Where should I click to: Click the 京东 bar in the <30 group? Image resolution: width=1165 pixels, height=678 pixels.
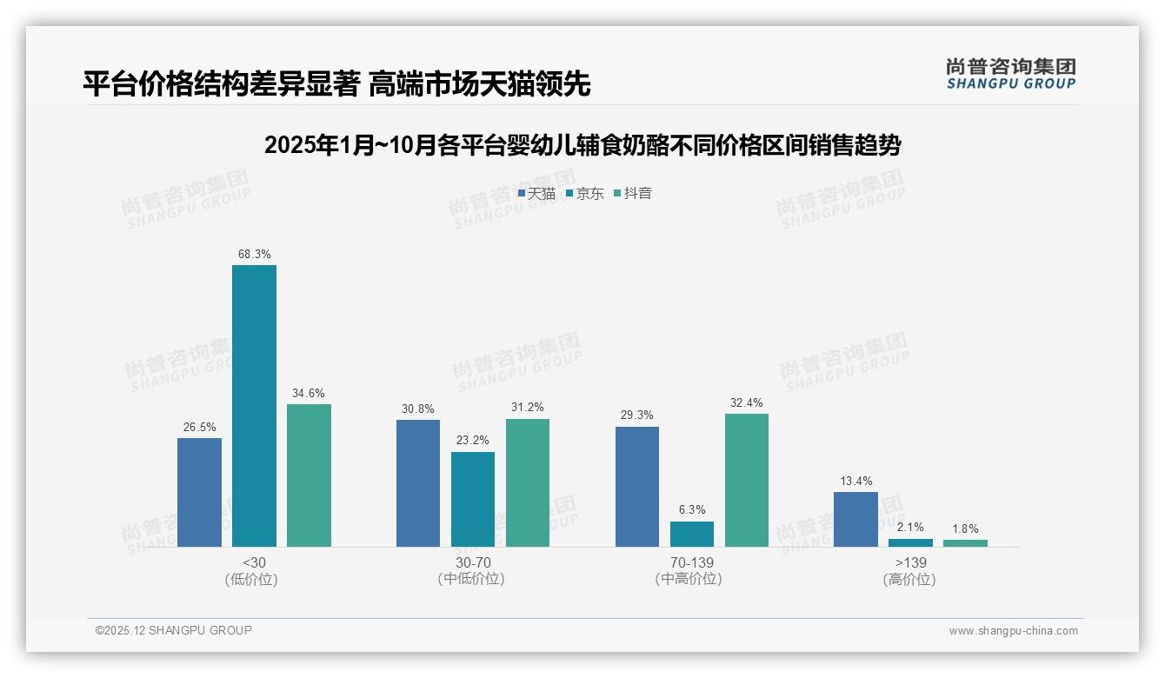254,406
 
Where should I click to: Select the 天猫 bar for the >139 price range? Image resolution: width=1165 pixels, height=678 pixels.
855,520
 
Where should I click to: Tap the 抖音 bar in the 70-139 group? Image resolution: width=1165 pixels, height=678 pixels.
747,480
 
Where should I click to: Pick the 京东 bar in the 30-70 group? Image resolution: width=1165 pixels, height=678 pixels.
473,499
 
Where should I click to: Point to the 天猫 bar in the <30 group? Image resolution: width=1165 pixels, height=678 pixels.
199,492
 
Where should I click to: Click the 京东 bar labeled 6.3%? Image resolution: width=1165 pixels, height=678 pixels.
692,534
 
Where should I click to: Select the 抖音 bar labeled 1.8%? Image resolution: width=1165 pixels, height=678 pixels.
965,542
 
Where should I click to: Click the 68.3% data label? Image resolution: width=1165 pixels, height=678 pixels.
254,254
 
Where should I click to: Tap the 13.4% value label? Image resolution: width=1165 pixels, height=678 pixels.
855,481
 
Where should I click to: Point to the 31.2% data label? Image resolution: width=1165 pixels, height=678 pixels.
528,408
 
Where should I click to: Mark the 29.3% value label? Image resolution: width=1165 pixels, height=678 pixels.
637,415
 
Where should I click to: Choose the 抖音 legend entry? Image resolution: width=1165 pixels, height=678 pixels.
633,193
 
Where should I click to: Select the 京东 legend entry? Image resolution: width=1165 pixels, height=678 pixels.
585,193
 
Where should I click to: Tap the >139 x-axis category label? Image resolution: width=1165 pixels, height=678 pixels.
909,562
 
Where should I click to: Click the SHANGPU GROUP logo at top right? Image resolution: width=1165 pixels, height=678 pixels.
1010,74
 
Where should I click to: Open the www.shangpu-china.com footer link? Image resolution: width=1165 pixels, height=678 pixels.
1013,631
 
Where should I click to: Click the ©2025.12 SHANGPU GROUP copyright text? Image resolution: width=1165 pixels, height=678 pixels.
173,630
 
